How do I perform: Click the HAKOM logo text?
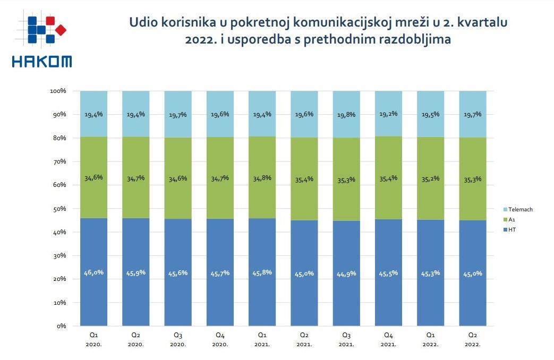(x=41, y=62)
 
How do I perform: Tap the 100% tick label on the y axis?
(x=57, y=91)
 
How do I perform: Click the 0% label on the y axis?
(x=60, y=325)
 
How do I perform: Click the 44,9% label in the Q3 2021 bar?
(x=346, y=273)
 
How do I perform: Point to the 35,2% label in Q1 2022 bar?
(x=430, y=178)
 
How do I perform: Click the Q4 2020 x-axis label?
(x=219, y=339)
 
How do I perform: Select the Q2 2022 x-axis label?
(x=472, y=339)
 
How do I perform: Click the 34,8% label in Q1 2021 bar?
(x=262, y=178)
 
